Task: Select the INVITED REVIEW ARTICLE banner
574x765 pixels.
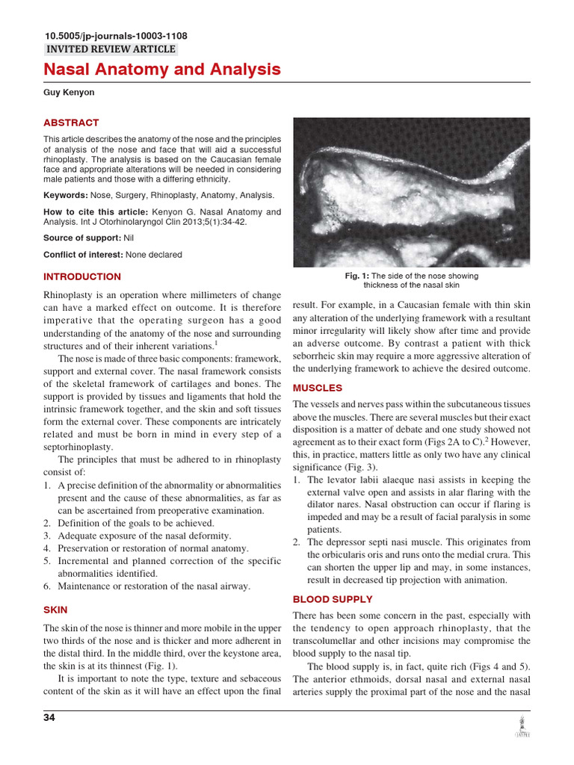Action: pyautogui.click(x=111, y=49)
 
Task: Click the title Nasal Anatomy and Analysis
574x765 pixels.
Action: pyautogui.click(x=162, y=70)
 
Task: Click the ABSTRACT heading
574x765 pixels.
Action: pyautogui.click(x=71, y=123)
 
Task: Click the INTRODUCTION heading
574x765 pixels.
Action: pyautogui.click(x=82, y=276)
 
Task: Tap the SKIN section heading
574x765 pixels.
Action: pyautogui.click(x=55, y=610)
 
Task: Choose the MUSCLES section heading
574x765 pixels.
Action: pyautogui.click(x=318, y=388)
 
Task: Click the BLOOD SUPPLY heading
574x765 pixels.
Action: pyautogui.click(x=333, y=599)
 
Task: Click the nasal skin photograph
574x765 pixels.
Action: pyautogui.click(x=411, y=192)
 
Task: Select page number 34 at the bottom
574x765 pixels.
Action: pyautogui.click(x=49, y=718)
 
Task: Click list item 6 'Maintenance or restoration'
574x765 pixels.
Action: pyautogui.click(x=153, y=586)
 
